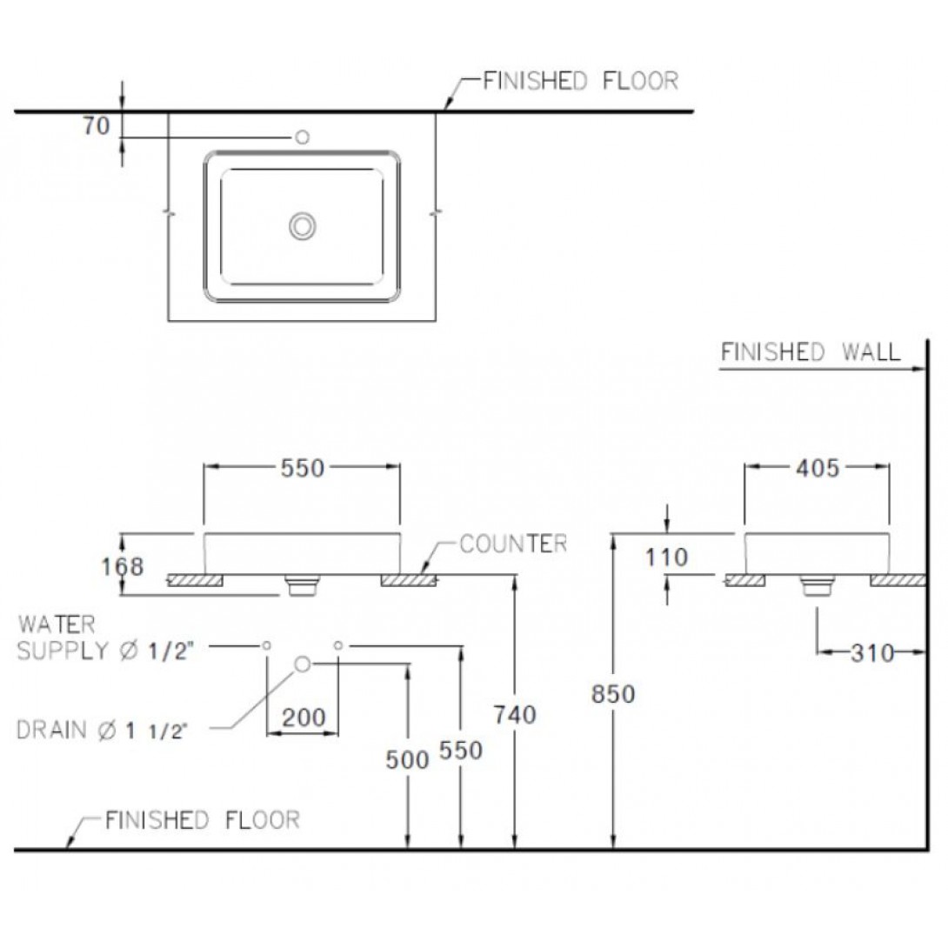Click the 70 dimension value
coord(97,126)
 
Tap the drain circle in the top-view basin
coord(303,226)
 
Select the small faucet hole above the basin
coord(303,137)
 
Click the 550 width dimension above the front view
coord(303,468)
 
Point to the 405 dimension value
coord(818,468)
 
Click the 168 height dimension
coord(122,566)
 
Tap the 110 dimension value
coord(666,557)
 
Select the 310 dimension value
coord(871,652)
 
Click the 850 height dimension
coord(613,694)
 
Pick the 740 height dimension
coord(515,715)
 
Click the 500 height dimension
coord(408,760)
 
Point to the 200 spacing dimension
coord(304,718)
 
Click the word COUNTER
coord(513,544)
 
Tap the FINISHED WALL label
coord(811,352)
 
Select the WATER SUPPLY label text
coord(105,638)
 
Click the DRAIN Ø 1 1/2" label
coord(101,731)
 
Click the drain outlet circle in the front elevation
coord(303,664)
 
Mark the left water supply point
coord(266,645)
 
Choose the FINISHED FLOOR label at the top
coord(580,80)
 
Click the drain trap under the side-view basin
coord(818,585)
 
